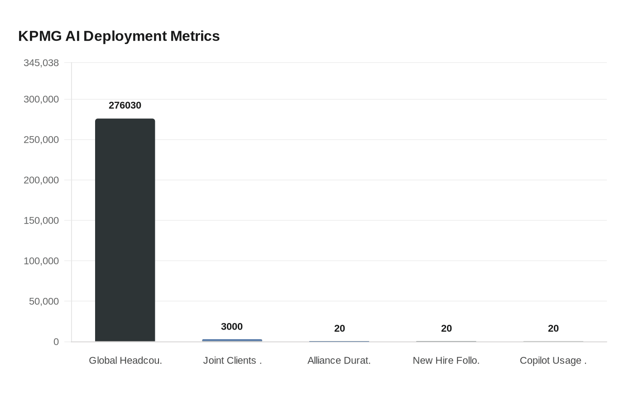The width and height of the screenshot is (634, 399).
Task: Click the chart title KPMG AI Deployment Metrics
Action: click(x=119, y=36)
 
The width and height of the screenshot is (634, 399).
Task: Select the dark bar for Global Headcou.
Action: click(x=125, y=230)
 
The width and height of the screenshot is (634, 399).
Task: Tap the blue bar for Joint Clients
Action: click(x=232, y=340)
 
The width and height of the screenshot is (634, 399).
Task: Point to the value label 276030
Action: click(x=125, y=105)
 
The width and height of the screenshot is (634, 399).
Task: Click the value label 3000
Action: click(x=232, y=326)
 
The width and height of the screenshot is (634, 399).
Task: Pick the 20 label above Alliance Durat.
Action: click(x=339, y=328)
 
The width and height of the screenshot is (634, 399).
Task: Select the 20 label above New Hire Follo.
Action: click(x=446, y=328)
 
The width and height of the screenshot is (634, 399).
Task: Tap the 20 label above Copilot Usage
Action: click(x=553, y=328)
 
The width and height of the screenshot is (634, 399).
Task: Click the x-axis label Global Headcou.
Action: click(x=125, y=360)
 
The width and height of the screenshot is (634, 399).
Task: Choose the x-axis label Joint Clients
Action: click(x=232, y=360)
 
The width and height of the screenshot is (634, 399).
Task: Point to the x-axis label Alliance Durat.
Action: click(x=339, y=360)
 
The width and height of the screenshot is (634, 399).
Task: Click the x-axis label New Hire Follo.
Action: click(x=446, y=360)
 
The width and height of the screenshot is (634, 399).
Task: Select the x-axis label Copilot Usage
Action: click(x=553, y=360)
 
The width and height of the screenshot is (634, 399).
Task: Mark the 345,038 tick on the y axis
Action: click(x=41, y=63)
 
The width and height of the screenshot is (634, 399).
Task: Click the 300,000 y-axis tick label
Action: click(x=41, y=99)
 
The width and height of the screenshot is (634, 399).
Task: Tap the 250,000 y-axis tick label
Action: click(x=41, y=140)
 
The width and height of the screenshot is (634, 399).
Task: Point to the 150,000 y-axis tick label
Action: click(x=41, y=220)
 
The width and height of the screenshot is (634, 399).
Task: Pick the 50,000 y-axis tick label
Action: click(x=44, y=301)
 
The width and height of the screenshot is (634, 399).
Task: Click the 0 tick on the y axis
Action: click(x=56, y=341)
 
